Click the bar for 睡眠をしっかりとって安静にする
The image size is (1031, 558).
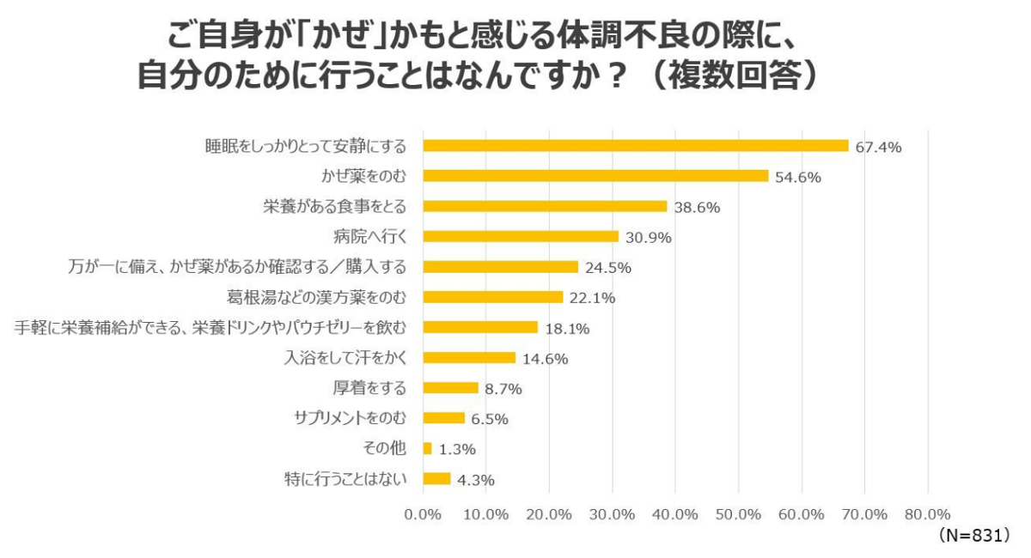tap(635, 146)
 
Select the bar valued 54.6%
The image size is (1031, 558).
tap(595, 176)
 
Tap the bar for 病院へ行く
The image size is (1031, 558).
tap(520, 236)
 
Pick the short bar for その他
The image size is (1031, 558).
tap(427, 448)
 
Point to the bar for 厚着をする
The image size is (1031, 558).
tap(450, 388)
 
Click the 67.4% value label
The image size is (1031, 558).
tap(878, 147)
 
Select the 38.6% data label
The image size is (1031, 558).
tap(697, 207)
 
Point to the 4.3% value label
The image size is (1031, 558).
tap(476, 480)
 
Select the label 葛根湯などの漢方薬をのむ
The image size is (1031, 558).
tap(314, 297)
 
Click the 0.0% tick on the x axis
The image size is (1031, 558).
tap(422, 514)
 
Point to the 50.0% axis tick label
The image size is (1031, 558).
tap(738, 514)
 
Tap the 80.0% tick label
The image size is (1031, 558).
tap(927, 514)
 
